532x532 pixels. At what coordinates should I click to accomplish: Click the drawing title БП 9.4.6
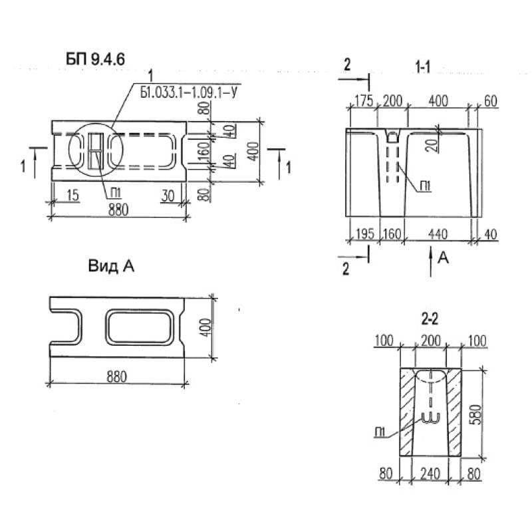[95, 59]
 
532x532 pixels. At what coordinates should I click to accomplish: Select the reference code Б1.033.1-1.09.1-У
[189, 92]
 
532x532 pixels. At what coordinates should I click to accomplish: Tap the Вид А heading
[111, 265]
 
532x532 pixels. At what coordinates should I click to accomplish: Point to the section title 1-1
[423, 67]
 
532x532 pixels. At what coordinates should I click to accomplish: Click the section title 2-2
[430, 319]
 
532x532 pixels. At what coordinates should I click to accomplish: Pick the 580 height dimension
[476, 414]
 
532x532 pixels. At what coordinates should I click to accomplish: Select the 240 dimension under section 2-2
[430, 473]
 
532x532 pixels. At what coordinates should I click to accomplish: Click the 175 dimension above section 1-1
[364, 101]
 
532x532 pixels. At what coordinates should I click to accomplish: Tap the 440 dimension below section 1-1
[438, 234]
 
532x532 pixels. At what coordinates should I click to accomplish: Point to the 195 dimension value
[364, 234]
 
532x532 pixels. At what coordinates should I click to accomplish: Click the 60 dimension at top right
[490, 101]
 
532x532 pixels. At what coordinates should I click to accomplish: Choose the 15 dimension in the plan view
[72, 196]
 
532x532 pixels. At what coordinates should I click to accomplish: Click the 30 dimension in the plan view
[168, 196]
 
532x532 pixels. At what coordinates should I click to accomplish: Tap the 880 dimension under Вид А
[117, 376]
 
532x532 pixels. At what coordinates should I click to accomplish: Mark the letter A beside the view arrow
[443, 258]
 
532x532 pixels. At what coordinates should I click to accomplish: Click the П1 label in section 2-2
[380, 432]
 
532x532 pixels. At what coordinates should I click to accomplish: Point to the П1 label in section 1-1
[425, 186]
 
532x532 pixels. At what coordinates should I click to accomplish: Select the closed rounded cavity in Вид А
[140, 327]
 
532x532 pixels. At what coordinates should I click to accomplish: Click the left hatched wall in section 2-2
[406, 412]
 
